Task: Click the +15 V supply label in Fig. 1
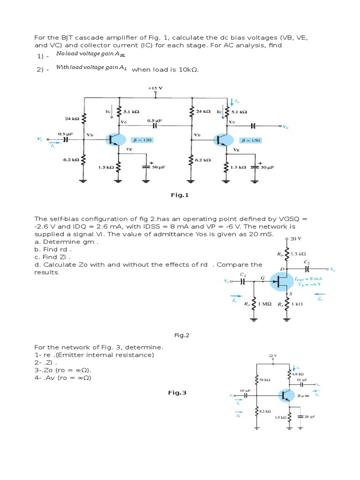[155, 88]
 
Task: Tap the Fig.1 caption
[180, 195]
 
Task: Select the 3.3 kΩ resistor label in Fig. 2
[298, 254]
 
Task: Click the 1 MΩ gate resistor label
[265, 304]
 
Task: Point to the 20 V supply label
[295, 238]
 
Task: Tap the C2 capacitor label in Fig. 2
[307, 262]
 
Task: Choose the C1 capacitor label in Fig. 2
[242, 274]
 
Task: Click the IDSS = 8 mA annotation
[311, 278]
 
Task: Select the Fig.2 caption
[181, 335]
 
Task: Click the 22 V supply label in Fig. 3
[272, 356]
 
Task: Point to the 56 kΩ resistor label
[265, 380]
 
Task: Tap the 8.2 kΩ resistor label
[266, 411]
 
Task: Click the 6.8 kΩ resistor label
[298, 374]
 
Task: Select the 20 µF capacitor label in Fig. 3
[309, 416]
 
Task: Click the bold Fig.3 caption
[177, 393]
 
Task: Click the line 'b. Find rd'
[52, 249]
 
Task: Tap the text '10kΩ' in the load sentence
[186, 69]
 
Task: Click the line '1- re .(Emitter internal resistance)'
[94, 355]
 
